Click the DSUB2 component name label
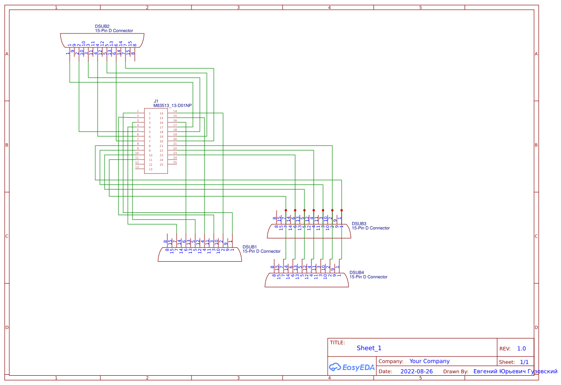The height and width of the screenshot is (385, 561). click(x=102, y=27)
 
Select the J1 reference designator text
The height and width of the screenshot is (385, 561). click(x=156, y=101)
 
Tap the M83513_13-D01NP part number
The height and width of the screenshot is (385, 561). click(x=172, y=106)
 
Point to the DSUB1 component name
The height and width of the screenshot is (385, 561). click(x=250, y=247)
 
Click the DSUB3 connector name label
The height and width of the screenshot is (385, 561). click(x=359, y=224)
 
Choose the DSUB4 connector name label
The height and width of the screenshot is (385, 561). click(x=356, y=273)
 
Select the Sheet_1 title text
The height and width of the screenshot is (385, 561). click(x=369, y=348)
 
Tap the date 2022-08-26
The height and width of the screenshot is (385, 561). click(x=416, y=371)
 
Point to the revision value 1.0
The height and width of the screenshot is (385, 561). click(x=521, y=349)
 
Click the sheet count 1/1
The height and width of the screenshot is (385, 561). click(x=524, y=362)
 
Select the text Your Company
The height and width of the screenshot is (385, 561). click(x=429, y=361)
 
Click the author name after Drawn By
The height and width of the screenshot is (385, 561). click(x=515, y=371)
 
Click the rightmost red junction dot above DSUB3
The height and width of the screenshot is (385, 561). click(x=342, y=210)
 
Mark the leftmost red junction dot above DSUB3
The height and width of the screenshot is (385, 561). click(x=286, y=210)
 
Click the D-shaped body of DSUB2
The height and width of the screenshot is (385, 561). click(x=102, y=40)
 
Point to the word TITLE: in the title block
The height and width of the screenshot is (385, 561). click(x=337, y=343)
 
